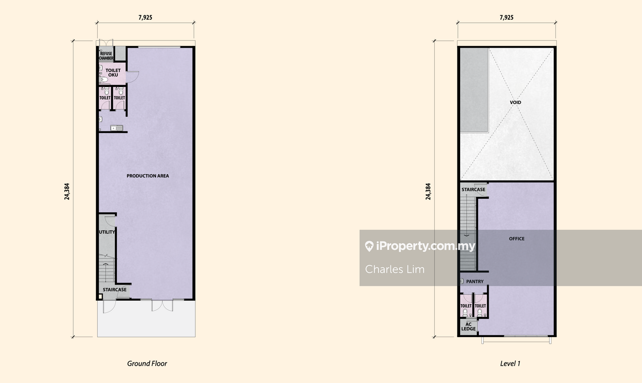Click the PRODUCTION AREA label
[148, 176]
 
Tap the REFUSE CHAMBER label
[106, 56]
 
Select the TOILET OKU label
[113, 73]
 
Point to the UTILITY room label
[107, 232]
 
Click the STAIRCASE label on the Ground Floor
[115, 289]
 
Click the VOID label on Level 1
[515, 102]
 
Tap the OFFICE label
[517, 238]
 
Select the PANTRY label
[475, 281]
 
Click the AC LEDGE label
[468, 326]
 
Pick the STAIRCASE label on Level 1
[473, 190]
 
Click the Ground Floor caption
[147, 363]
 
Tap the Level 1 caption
[510, 363]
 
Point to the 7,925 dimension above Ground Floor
[145, 17]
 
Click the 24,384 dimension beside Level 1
[428, 191]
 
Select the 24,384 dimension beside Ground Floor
[67, 191]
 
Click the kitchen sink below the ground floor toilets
[117, 128]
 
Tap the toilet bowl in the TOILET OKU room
[104, 79]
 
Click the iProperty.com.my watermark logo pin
[369, 246]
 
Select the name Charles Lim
[395, 269]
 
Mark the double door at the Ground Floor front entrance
[162, 306]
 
